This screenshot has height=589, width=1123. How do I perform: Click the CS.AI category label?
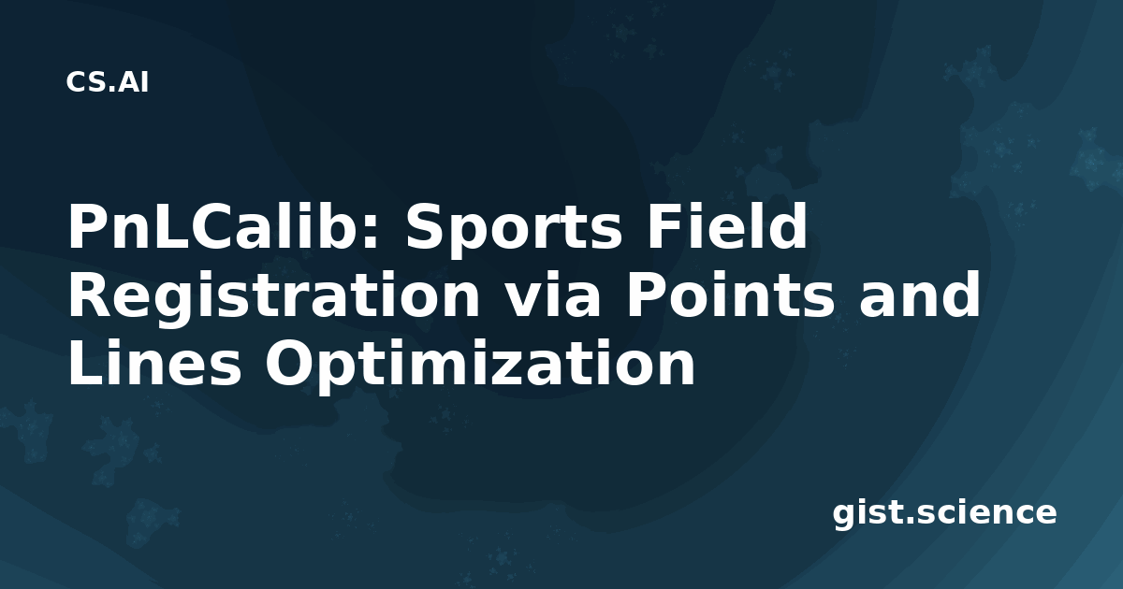click(x=108, y=82)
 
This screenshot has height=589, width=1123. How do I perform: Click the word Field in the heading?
click(x=727, y=226)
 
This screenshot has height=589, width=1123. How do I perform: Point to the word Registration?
click(x=273, y=295)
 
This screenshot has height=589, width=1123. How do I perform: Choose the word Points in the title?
click(x=729, y=294)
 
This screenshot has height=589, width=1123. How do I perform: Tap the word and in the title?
click(x=919, y=294)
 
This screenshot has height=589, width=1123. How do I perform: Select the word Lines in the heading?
click(x=154, y=363)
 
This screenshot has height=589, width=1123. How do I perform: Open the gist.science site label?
click(x=944, y=513)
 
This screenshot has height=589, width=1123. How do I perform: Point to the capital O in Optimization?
click(x=290, y=363)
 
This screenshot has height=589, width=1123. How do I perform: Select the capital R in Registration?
click(x=89, y=294)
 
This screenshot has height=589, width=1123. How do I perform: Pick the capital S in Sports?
click(x=425, y=226)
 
